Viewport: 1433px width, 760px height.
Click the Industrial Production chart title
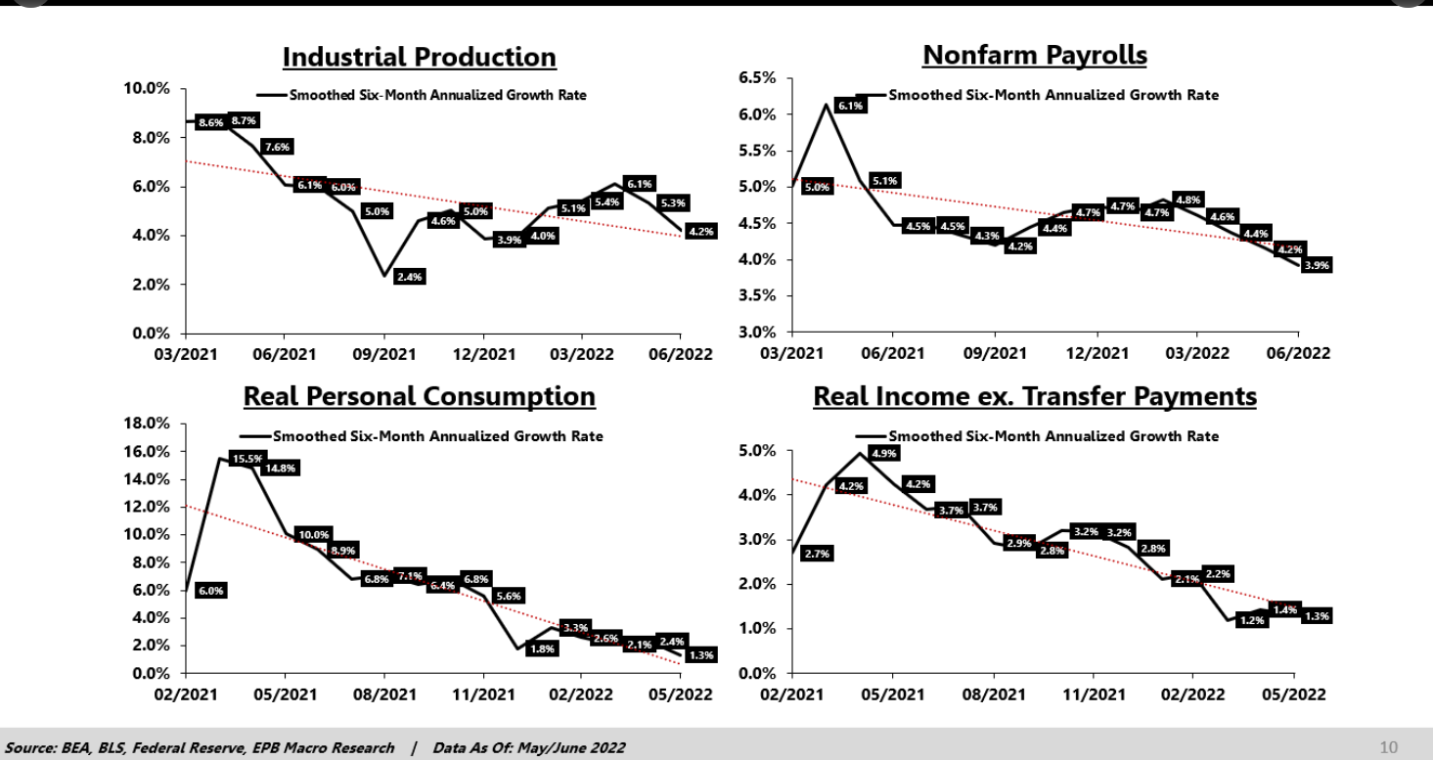[420, 58]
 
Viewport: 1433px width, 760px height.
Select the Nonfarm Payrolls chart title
[1035, 56]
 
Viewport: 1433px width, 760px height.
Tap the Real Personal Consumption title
[419, 396]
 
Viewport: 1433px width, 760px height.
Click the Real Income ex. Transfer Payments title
[1035, 396]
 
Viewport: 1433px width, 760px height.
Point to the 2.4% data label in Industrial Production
[409, 278]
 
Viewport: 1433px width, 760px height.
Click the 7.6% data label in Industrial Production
[277, 148]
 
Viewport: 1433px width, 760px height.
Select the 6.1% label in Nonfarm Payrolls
[850, 106]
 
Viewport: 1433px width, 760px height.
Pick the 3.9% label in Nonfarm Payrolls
[1317, 265]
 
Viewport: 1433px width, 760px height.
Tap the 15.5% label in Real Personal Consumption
[245, 460]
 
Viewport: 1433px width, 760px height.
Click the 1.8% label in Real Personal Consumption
[540, 648]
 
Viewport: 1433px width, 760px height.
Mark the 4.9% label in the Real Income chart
[883, 454]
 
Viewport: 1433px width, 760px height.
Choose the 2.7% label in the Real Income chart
[816, 555]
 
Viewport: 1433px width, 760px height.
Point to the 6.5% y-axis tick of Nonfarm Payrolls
[756, 77]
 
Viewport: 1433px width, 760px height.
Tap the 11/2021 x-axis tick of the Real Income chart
[1093, 694]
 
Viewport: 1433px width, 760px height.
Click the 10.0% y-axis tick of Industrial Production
[149, 89]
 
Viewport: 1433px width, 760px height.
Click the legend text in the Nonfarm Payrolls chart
[1053, 96]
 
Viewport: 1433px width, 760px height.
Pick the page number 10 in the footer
[1388, 748]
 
